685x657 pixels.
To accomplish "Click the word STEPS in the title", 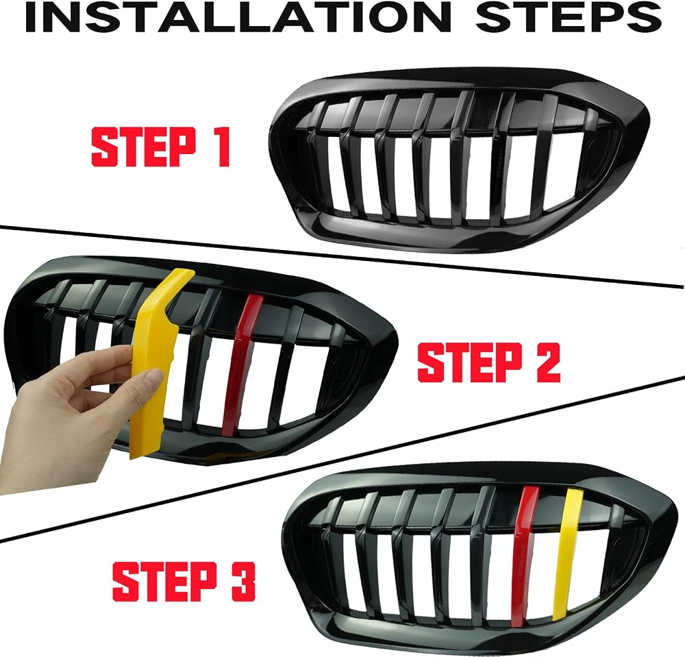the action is [569, 17].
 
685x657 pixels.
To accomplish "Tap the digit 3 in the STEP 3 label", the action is [243, 581].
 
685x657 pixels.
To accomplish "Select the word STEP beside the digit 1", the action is [144, 147].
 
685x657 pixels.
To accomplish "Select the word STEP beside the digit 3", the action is [164, 581].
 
